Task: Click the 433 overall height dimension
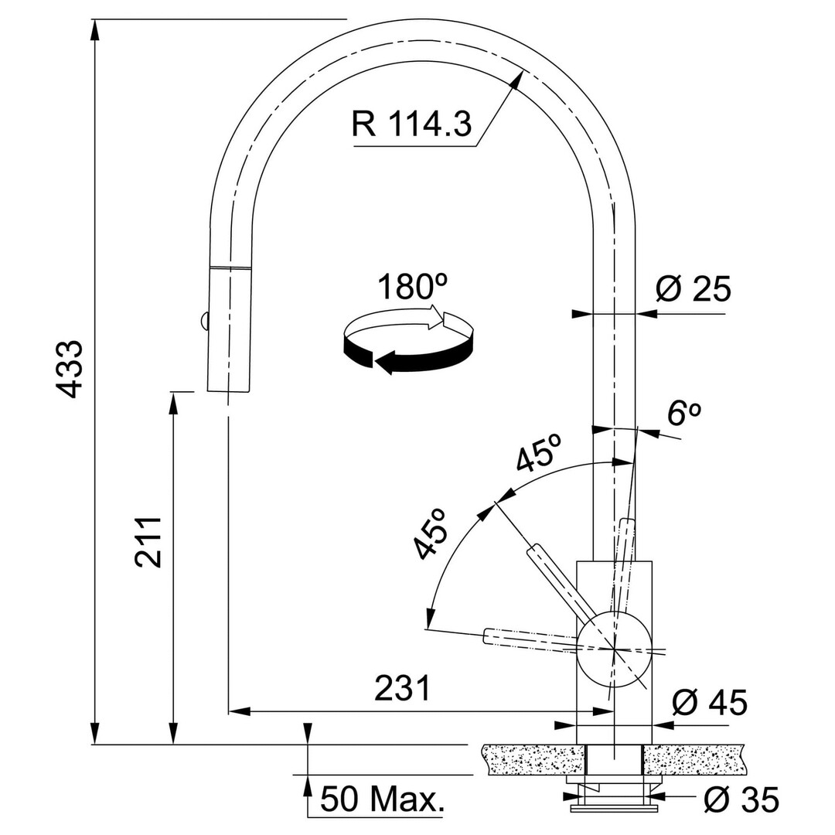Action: [70, 369]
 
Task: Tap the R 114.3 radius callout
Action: [411, 124]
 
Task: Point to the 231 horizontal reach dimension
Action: [402, 688]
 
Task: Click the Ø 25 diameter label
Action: [693, 289]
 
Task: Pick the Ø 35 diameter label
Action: [741, 799]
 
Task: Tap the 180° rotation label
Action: [412, 287]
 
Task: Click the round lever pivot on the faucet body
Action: [614, 649]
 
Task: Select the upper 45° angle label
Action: [538, 452]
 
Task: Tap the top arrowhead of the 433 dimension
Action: [95, 29]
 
